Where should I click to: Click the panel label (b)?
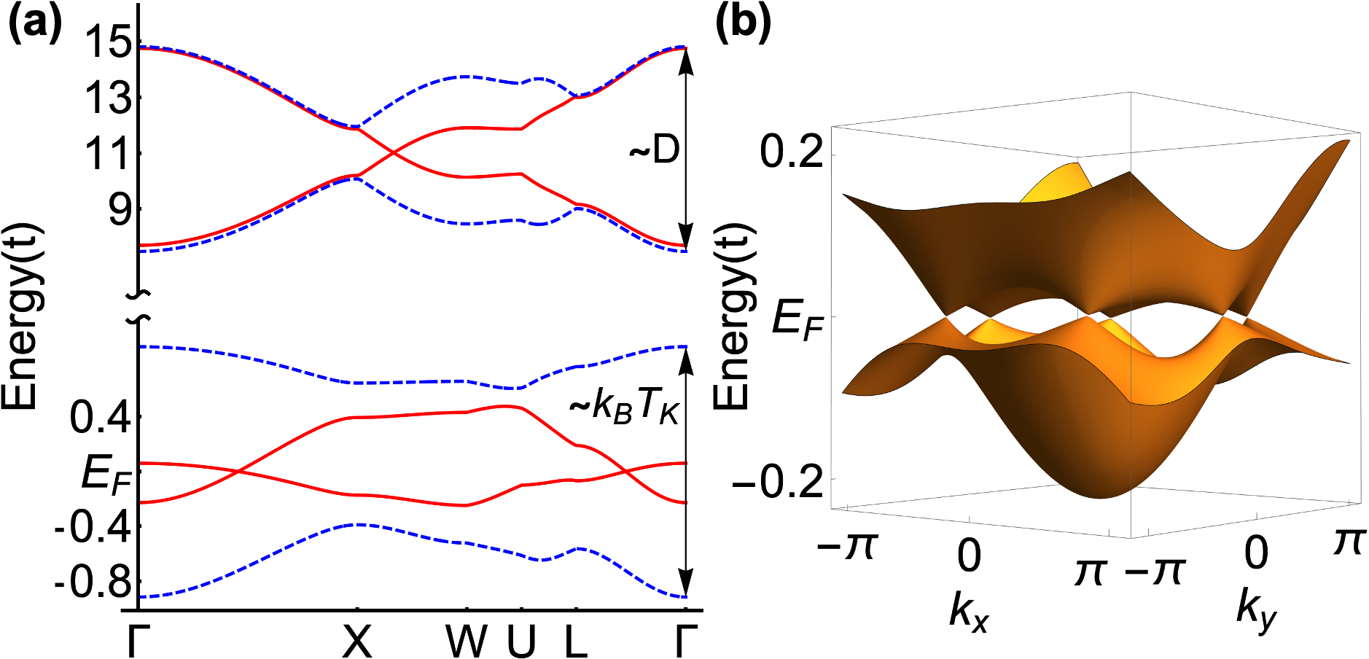[743, 23]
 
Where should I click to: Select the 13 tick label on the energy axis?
[108, 98]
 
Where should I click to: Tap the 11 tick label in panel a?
[108, 154]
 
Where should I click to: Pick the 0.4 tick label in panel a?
[101, 418]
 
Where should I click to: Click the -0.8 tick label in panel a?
[93, 582]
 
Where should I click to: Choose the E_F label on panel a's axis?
[106, 473]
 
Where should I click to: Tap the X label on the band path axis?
[357, 641]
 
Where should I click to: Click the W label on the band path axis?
[467, 641]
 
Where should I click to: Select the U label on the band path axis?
[521, 641]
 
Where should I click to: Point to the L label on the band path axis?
[576, 641]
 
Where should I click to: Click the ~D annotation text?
[654, 150]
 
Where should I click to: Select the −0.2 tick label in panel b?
[778, 482]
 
